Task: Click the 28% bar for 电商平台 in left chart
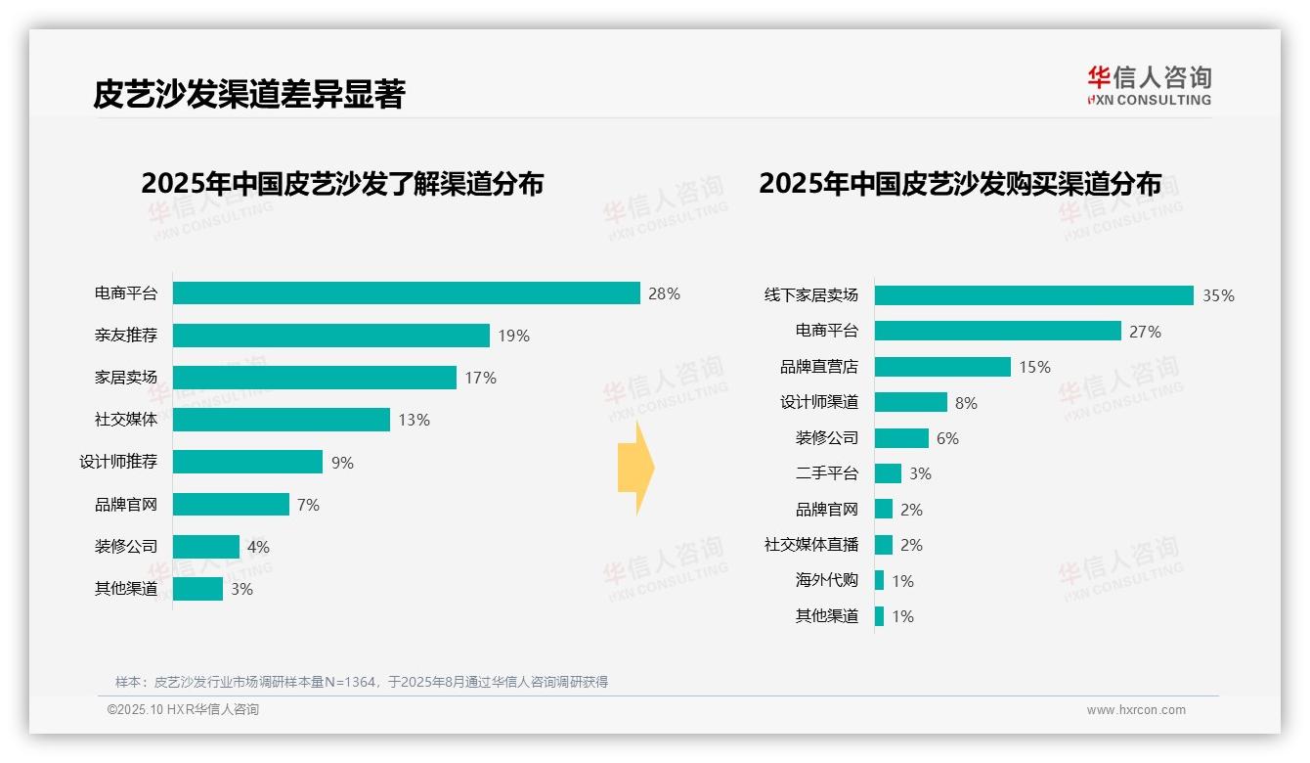[x=406, y=292]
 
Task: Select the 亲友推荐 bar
[x=330, y=336]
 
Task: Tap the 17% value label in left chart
[x=480, y=378]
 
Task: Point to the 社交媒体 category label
[x=125, y=420]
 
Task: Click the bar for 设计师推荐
[x=247, y=462]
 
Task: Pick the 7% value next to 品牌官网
[x=308, y=505]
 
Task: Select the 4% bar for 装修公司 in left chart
[x=206, y=547]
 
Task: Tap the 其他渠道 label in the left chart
[x=125, y=589]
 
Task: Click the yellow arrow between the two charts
[x=636, y=469]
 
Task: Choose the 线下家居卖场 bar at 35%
[x=1033, y=295]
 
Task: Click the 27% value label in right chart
[x=1145, y=332]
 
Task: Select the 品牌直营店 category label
[x=818, y=367]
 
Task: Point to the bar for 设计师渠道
[x=910, y=402]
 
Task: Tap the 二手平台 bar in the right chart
[x=888, y=473]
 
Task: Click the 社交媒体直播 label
[x=810, y=545]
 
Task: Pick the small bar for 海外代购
[x=880, y=580]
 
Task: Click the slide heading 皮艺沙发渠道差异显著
[x=248, y=95]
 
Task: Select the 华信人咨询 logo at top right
[x=1149, y=84]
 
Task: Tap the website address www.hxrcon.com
[x=1135, y=710]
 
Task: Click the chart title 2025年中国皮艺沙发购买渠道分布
[x=960, y=184]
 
